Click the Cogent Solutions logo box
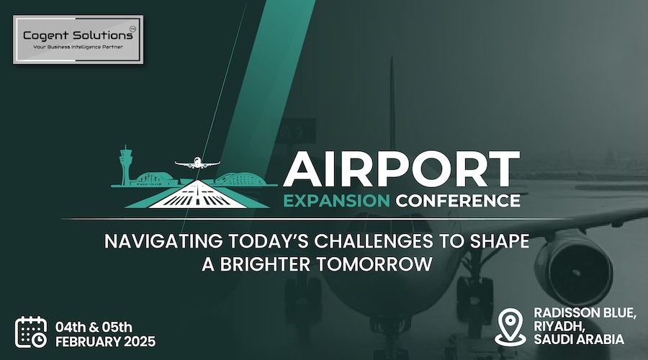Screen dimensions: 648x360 pos(78,40)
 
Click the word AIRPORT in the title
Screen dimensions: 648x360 pos(401,170)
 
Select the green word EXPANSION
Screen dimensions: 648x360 pos(337,201)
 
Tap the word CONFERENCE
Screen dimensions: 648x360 pos(458,201)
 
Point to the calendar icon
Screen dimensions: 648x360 pos(31,333)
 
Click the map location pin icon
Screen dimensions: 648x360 pos(510,328)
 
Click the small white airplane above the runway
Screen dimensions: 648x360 pos(197,163)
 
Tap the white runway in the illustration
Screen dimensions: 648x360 pos(197,194)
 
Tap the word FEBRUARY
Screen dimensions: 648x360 pos(88,342)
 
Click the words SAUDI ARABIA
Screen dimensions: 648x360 pos(579,339)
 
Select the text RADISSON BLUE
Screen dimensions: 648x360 pos(585,313)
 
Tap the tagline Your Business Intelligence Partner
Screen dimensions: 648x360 pos(78,47)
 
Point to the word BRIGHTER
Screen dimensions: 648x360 pos(265,264)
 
